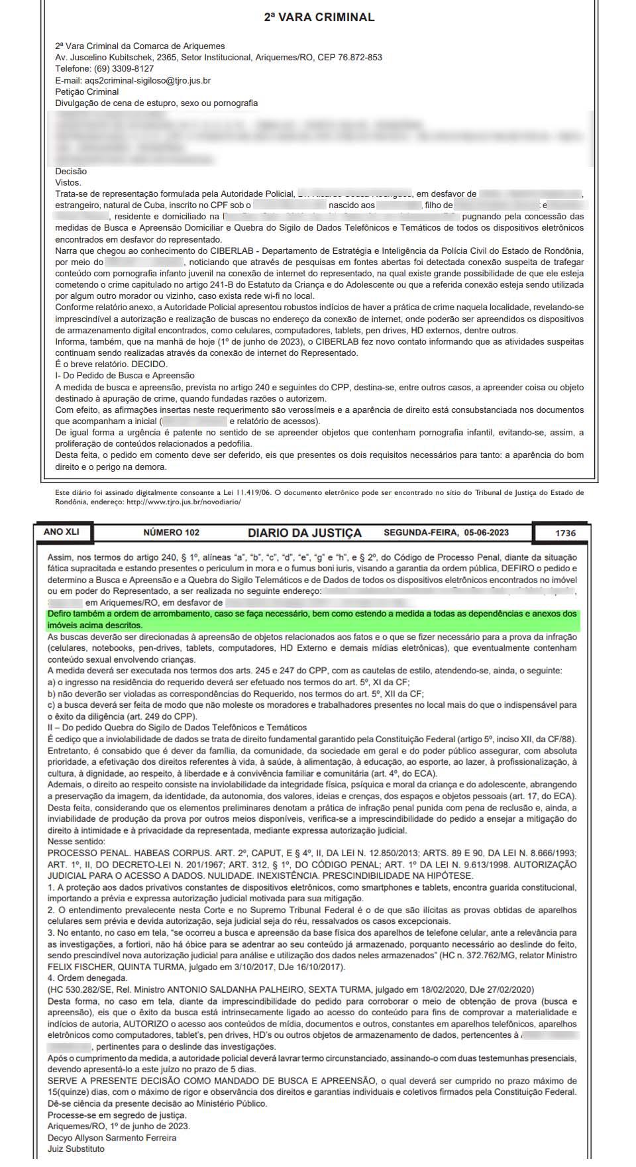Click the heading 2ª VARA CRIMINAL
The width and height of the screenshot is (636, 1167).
pyautogui.click(x=319, y=18)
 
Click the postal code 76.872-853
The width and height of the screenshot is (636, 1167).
pyautogui.click(x=360, y=58)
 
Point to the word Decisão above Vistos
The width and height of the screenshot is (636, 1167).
pyautogui.click(x=71, y=172)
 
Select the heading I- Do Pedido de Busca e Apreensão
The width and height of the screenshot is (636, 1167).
pyautogui.click(x=125, y=376)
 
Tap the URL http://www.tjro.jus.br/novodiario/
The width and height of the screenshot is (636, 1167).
pyautogui.click(x=183, y=502)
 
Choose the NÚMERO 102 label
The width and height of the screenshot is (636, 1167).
pyautogui.click(x=171, y=533)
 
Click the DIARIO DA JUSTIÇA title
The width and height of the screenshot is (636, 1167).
pyautogui.click(x=305, y=533)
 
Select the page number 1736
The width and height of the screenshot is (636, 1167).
pyautogui.click(x=565, y=533)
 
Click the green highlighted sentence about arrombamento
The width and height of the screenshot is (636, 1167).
pyautogui.click(x=312, y=620)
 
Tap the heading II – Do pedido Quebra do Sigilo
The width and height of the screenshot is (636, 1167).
pyautogui.click(x=177, y=728)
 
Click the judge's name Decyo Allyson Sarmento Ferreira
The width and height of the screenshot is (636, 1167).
pyautogui.click(x=112, y=1138)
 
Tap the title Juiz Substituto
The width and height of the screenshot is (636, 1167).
pyautogui.click(x=76, y=1149)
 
